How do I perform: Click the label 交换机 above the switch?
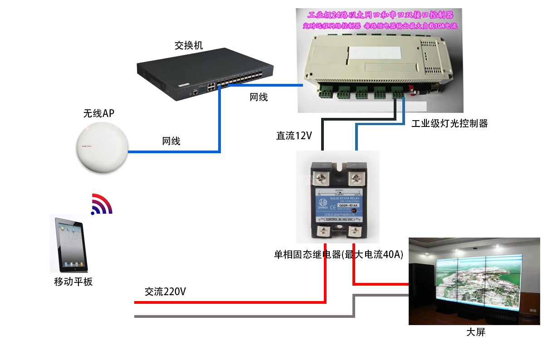(189, 45)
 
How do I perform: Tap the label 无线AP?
(98, 113)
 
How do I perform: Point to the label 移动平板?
(73, 282)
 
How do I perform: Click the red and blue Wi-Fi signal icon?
(101, 204)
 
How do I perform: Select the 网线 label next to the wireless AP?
(171, 141)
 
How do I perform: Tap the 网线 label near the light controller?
(259, 97)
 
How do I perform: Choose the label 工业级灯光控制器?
(449, 123)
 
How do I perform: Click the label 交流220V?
(165, 292)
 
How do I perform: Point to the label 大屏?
(476, 332)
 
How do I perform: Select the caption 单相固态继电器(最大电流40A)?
(338, 255)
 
